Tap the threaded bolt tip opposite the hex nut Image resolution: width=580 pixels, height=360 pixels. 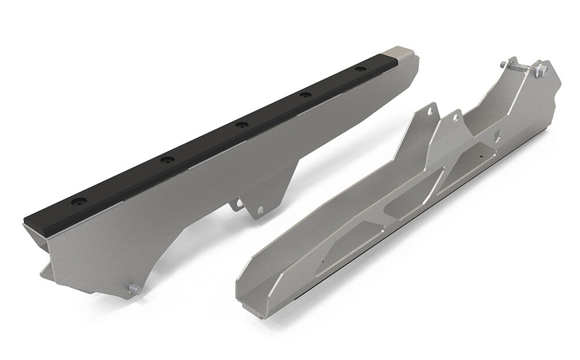499,61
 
